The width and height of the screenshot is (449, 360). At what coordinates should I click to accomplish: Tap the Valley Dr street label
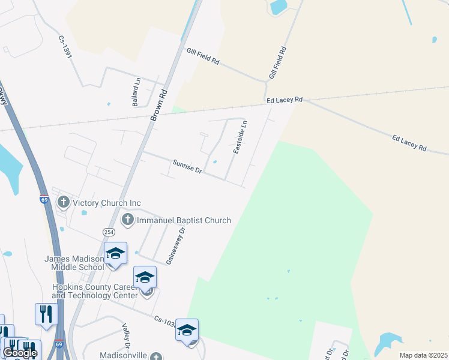pos(127,337)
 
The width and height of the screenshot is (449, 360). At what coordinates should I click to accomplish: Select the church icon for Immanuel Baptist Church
pos(127,220)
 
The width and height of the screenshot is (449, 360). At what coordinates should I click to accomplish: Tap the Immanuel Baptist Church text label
pos(184,220)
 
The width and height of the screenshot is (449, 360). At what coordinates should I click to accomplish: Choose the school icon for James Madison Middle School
pos(115,254)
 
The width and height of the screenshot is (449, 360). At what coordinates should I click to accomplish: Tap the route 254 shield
pos(109,232)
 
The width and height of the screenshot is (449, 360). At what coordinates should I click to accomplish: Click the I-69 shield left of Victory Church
pos(44,200)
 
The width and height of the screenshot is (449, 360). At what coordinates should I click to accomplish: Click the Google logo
pos(19,353)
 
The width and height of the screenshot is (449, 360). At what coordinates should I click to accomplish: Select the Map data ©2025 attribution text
pos(423,355)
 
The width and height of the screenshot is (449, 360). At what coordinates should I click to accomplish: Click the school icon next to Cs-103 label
pos(187,331)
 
